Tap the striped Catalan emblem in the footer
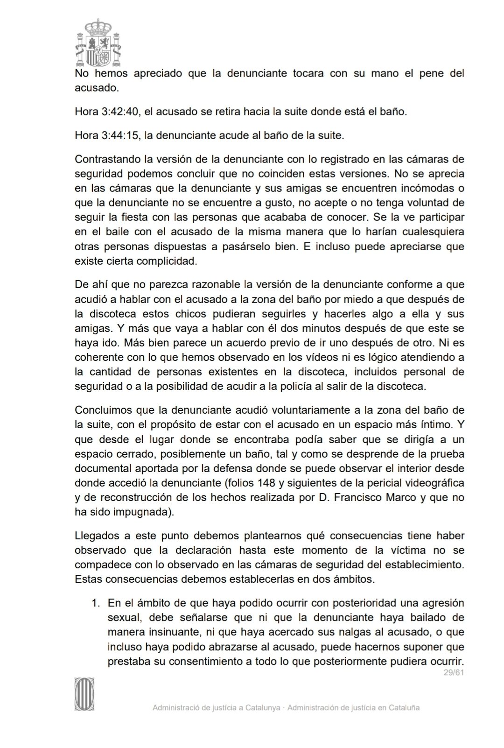84,694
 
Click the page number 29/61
453,672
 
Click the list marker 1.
96,603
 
